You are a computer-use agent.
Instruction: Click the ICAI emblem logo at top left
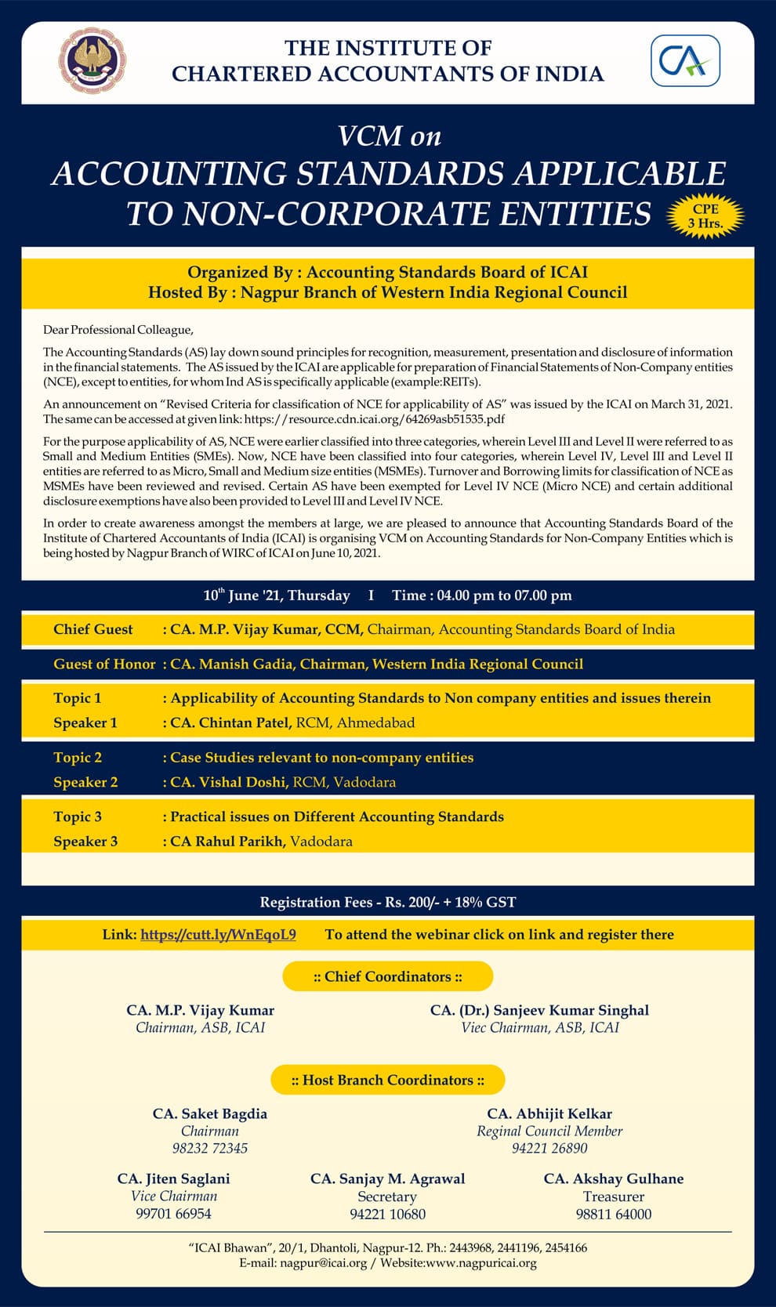pyautogui.click(x=92, y=61)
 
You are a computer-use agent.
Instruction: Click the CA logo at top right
pyautogui.click(x=685, y=61)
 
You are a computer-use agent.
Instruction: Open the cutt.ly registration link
pyautogui.click(x=218, y=934)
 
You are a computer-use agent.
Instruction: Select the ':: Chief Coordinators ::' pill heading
pyautogui.click(x=387, y=976)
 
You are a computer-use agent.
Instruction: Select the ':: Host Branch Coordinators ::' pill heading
pyautogui.click(x=387, y=1080)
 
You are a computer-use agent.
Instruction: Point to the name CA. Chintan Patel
pyautogui.click(x=231, y=722)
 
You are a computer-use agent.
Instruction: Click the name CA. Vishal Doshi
pyautogui.click(x=230, y=782)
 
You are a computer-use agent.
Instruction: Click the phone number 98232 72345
pyautogui.click(x=210, y=1148)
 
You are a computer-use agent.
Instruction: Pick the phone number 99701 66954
pyautogui.click(x=173, y=1214)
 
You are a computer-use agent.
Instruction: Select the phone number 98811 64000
pyautogui.click(x=614, y=1214)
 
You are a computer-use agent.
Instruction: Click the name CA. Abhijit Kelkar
pyautogui.click(x=549, y=1113)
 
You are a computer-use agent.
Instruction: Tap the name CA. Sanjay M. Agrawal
pyautogui.click(x=387, y=1178)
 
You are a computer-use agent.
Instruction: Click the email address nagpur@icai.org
pyautogui.click(x=323, y=1262)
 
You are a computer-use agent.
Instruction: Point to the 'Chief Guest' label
pyautogui.click(x=93, y=629)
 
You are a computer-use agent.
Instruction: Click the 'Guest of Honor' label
pyautogui.click(x=104, y=664)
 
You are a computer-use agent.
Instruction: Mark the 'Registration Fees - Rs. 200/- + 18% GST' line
pyautogui.click(x=388, y=902)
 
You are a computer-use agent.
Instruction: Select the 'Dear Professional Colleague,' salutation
pyautogui.click(x=118, y=330)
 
